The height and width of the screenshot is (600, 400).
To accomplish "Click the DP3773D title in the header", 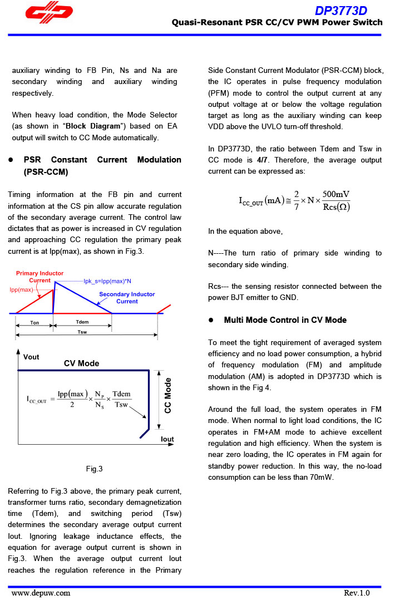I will pos(340,11).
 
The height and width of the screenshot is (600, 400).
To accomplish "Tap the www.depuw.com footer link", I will pos(41,593).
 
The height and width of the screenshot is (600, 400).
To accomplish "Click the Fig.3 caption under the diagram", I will pos(94,469).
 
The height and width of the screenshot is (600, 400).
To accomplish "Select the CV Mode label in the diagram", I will pos(81,363).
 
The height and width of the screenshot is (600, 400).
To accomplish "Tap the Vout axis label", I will pos(31,357).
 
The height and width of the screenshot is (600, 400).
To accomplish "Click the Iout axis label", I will pos(167,439).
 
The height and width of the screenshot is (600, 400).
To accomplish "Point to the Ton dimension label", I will pos(34,322).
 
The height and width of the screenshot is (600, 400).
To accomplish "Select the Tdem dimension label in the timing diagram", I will pos(82,322).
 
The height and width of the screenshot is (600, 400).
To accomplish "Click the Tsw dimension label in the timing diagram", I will pos(82,332).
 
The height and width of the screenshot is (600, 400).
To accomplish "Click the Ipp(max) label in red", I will pos(22,290).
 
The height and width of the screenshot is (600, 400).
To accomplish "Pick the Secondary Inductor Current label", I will pos(127,297).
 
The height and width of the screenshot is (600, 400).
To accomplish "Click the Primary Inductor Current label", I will pos(39,277).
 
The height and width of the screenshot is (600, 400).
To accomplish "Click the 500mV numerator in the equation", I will pos(336,194).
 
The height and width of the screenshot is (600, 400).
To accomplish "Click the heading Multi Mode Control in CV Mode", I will pos(285,320).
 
